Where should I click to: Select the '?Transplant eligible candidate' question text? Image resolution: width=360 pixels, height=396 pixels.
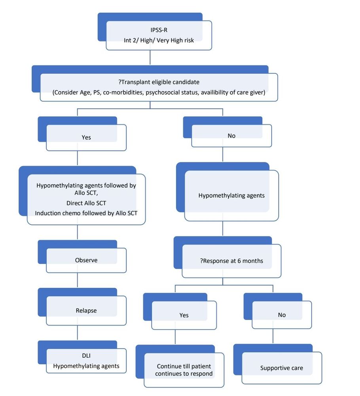[158, 82]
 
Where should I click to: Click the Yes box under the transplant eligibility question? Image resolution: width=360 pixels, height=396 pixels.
[86, 137]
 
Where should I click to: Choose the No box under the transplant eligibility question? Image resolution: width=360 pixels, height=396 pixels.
[231, 135]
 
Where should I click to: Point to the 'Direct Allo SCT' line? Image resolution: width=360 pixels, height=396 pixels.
[86, 203]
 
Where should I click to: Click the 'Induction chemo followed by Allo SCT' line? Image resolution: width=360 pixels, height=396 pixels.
[86, 213]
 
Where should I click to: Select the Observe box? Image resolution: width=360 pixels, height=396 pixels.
[86, 260]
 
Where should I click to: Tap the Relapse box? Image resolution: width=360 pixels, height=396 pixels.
[86, 310]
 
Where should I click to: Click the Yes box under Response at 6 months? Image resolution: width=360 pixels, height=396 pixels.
[184, 315]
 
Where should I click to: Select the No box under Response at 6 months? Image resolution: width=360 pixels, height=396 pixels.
[281, 315]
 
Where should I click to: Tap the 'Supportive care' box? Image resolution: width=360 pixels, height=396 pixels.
[281, 368]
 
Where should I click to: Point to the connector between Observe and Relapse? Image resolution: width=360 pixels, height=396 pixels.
[77, 280]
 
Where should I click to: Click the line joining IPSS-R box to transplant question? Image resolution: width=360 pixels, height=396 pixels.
[150, 58]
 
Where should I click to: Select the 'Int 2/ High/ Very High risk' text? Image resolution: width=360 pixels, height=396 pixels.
[158, 40]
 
